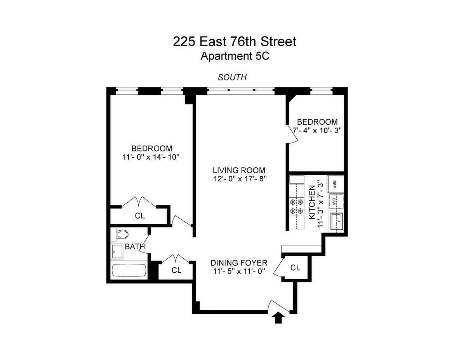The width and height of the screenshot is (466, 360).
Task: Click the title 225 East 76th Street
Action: (x=235, y=42)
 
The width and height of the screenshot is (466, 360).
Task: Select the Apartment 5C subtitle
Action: (x=235, y=56)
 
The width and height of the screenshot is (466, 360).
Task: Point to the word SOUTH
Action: (x=232, y=77)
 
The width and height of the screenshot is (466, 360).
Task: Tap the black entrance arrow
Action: (x=278, y=318)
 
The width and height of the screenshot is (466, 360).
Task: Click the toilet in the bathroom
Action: (x=120, y=235)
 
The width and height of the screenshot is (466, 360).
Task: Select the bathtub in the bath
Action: (x=129, y=270)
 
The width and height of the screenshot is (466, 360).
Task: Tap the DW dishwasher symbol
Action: (x=334, y=202)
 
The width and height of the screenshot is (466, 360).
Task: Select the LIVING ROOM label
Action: (x=239, y=170)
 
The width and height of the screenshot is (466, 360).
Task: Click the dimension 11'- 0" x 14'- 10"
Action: (x=151, y=157)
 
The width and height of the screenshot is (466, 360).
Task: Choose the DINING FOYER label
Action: (x=239, y=263)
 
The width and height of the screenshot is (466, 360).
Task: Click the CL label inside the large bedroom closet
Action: (x=140, y=216)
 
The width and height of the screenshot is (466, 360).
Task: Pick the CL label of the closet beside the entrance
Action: (x=296, y=268)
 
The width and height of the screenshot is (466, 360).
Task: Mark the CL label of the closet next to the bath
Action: (x=176, y=270)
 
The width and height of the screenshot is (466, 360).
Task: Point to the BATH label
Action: (x=135, y=247)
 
